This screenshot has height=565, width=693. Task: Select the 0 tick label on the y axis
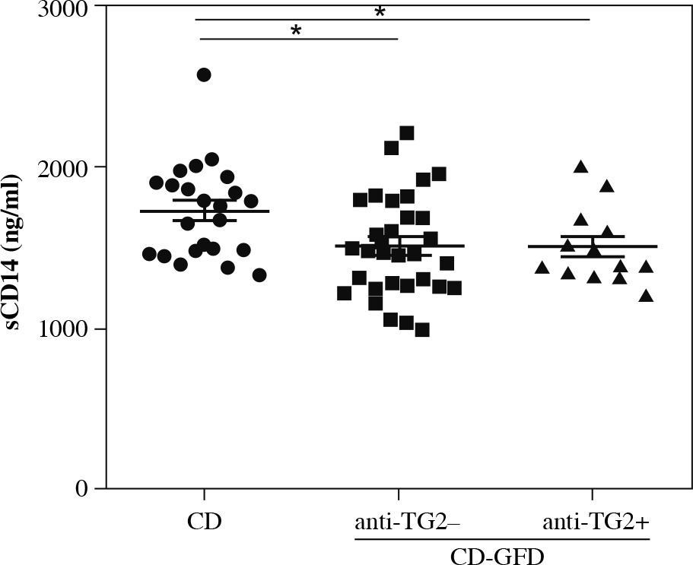pyautogui.click(x=80, y=488)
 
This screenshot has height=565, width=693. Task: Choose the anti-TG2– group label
pyautogui.click(x=398, y=523)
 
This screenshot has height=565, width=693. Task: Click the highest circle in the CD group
pyautogui.click(x=204, y=75)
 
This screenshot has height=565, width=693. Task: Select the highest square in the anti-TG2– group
pyautogui.click(x=406, y=133)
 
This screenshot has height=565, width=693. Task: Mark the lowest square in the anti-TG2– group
pyautogui.click(x=422, y=330)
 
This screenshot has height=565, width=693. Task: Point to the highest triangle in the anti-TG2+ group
pyautogui.click(x=581, y=167)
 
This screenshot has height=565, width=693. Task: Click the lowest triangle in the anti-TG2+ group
pyautogui.click(x=647, y=296)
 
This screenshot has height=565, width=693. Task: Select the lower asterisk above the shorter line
pyautogui.click(x=297, y=30)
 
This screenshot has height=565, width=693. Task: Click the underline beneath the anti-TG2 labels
pyautogui.click(x=503, y=539)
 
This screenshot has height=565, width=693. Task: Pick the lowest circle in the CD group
pyautogui.click(x=259, y=275)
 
